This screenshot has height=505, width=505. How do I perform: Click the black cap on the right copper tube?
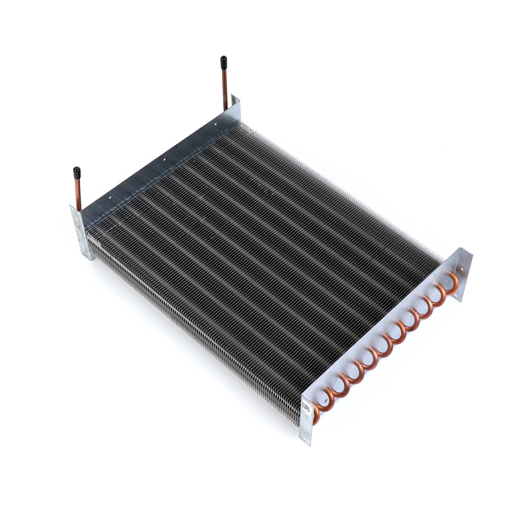(x=223, y=62)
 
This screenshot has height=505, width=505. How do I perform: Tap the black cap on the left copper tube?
(x=76, y=172)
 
